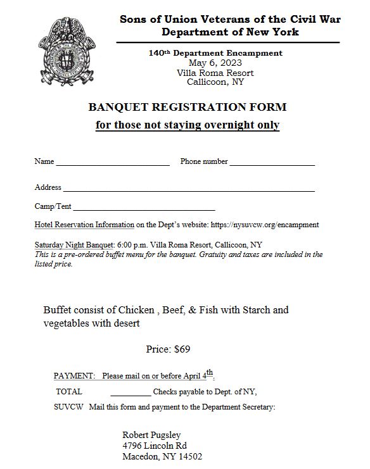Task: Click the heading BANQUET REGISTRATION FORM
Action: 187,107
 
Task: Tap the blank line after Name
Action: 113,163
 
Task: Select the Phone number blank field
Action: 272,163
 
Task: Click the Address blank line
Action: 188,189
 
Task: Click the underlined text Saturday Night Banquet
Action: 74,245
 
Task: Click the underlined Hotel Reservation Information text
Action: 84,225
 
